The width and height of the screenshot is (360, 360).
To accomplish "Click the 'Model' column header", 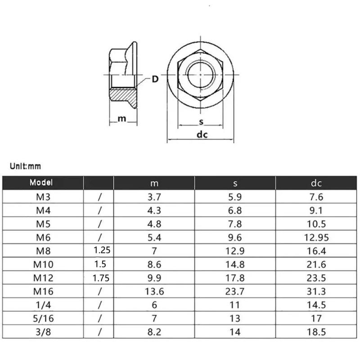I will pos(41,183).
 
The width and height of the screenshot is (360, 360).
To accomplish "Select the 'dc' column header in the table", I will pos(316,183).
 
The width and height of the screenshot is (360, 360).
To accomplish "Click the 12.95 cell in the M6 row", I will pos(316,237).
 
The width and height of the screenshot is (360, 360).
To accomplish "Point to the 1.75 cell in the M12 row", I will pos(101,278).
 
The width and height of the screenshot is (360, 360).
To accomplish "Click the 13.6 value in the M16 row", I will pos(154,291).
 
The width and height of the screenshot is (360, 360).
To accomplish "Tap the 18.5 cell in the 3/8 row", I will pos(316,332).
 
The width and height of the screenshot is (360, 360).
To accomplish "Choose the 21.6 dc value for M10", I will pos(316,264).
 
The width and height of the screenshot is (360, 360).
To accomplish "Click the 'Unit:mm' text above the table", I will pos(26,166).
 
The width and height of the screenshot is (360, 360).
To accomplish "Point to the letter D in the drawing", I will pos(154,80).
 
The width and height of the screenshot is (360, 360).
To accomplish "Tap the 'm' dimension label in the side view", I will pos(121,118).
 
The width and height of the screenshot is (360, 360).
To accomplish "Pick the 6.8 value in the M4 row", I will pos(235,210).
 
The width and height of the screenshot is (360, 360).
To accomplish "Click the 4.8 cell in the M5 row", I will pos(154,224).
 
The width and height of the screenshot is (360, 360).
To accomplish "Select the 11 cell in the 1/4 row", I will pos(235,305).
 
